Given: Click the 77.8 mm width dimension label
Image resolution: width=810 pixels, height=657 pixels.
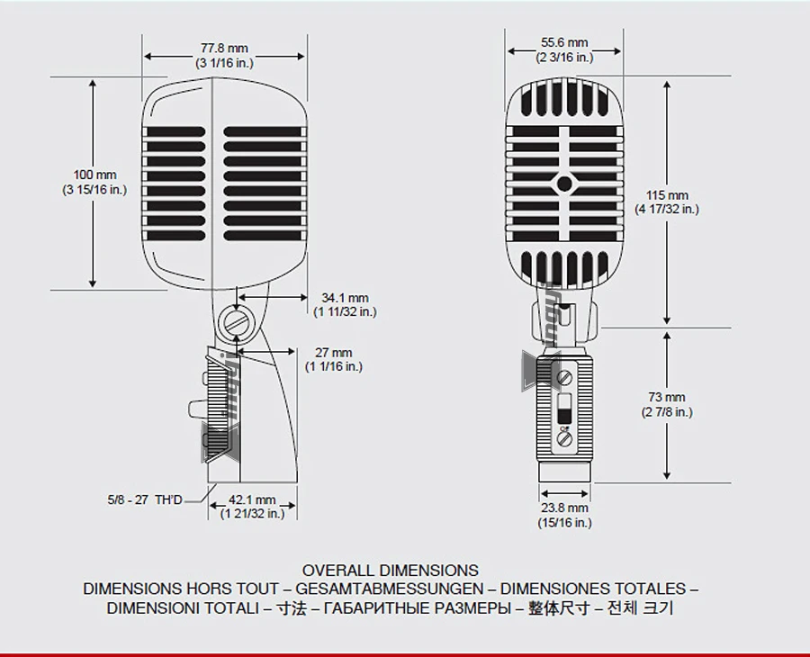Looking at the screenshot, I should click(224, 48).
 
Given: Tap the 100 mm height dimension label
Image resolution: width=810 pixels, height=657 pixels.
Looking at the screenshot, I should click(94, 174).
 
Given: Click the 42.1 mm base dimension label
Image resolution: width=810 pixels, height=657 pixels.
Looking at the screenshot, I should click(252, 499).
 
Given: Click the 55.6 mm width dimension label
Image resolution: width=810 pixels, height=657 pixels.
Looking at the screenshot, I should click(564, 42).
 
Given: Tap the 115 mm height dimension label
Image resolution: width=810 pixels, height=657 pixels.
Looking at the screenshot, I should click(667, 195).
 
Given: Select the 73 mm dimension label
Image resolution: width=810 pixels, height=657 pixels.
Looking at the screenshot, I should click(667, 397).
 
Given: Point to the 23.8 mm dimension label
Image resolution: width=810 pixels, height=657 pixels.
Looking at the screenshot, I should click(564, 508).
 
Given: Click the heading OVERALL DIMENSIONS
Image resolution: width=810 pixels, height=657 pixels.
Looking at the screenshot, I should click(391, 571).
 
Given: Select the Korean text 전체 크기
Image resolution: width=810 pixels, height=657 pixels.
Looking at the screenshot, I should click(640, 609).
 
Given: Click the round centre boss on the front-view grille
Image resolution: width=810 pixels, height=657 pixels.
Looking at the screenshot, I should click(564, 184).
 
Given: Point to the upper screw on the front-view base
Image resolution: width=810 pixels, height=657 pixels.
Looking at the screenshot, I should click(564, 376).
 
